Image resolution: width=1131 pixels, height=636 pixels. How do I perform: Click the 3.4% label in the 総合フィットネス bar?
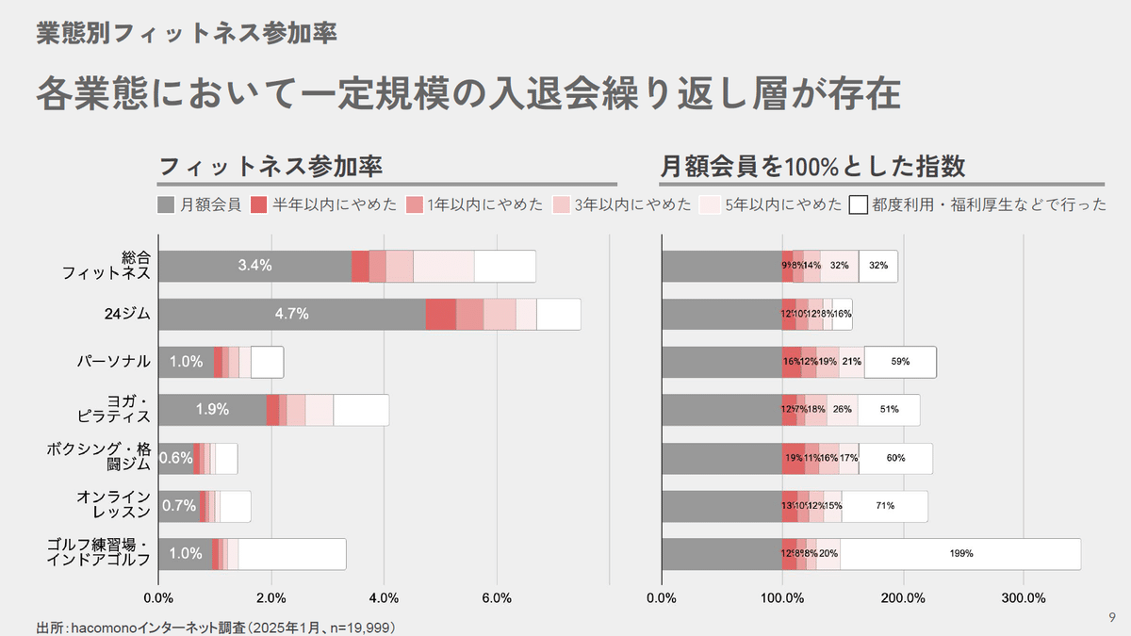coord(254,266)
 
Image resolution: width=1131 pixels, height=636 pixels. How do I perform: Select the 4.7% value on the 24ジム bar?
coord(292,314)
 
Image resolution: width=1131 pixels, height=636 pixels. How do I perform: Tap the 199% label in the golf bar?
coord(961,553)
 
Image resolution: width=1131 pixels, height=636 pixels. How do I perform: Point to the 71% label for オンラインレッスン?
coord(885,506)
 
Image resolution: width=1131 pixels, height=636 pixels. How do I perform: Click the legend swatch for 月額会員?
coord(167,204)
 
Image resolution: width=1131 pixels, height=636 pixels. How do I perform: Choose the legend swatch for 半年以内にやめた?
coord(260,204)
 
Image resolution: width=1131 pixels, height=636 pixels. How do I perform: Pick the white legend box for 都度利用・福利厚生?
coord(858,204)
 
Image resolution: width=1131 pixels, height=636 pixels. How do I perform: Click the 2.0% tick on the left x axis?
coord(270,597)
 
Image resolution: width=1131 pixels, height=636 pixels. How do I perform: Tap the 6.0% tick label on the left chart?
coord(496,597)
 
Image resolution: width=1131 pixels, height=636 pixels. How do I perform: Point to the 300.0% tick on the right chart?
coord(1024,597)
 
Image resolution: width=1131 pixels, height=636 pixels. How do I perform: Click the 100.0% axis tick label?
coord(782,597)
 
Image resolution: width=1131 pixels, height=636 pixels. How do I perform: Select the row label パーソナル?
coord(114,361)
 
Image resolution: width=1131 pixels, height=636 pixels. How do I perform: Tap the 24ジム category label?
coord(127,314)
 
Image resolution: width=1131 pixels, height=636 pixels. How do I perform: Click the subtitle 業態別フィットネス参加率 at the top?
coord(187,33)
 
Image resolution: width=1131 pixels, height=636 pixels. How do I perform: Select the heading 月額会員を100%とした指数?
coord(813,167)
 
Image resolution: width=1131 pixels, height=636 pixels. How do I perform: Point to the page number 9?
coord(1112,618)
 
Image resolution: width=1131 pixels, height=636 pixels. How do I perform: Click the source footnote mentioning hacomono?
coord(215,627)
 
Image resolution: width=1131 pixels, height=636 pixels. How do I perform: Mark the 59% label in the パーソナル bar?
coord(900,362)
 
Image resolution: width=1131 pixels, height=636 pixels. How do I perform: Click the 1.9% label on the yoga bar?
coord(212,409)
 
